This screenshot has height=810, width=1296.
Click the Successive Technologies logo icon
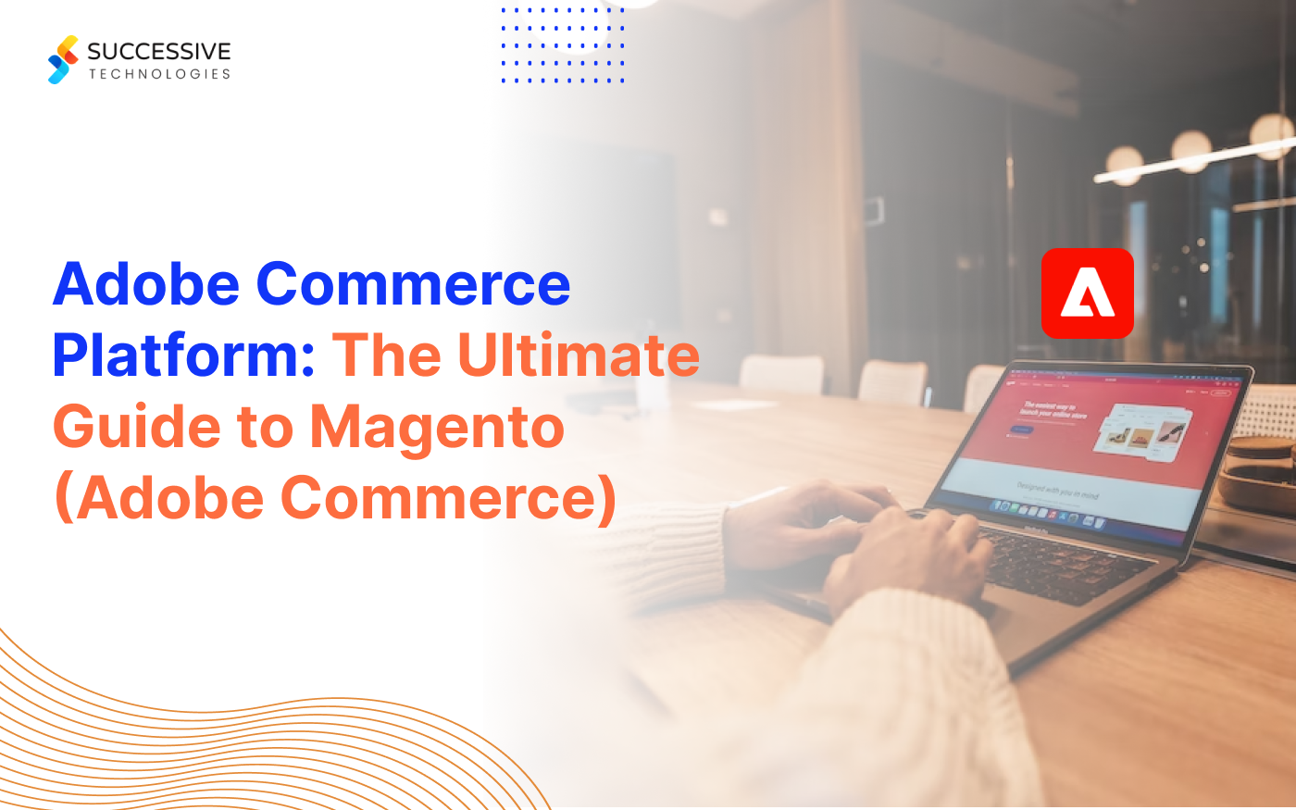tap(63, 60)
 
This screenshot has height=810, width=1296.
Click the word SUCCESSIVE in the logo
tap(159, 51)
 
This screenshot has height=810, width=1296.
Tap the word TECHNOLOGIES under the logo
tap(159, 74)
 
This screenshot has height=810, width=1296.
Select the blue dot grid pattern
tap(563, 44)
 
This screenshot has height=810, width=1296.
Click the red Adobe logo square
tap(1087, 293)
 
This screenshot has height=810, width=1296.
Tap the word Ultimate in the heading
tap(579, 355)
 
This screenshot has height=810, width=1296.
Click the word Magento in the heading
tap(437, 427)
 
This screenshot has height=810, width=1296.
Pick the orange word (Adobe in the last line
tap(159, 498)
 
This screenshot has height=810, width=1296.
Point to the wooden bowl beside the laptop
tap(1259, 472)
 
